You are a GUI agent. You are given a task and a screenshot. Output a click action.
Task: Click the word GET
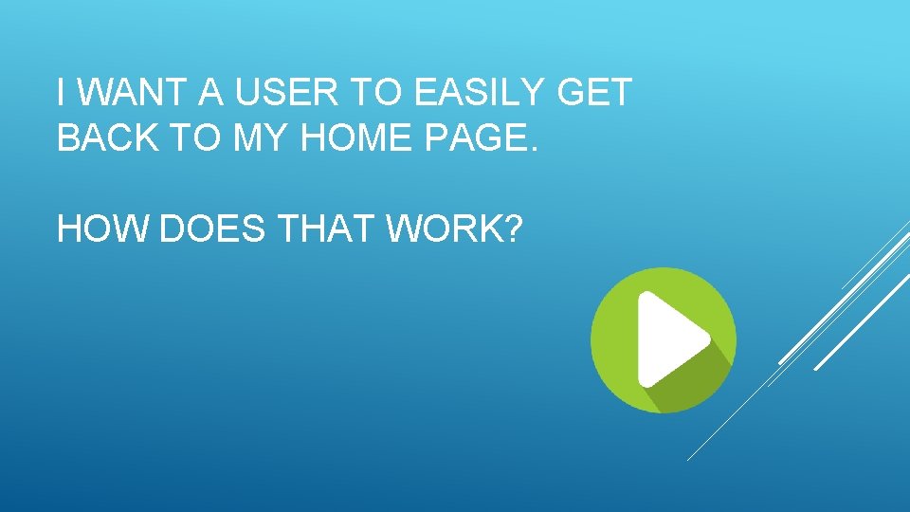pos(594,93)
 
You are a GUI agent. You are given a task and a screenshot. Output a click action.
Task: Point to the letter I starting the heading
pos(61,93)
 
